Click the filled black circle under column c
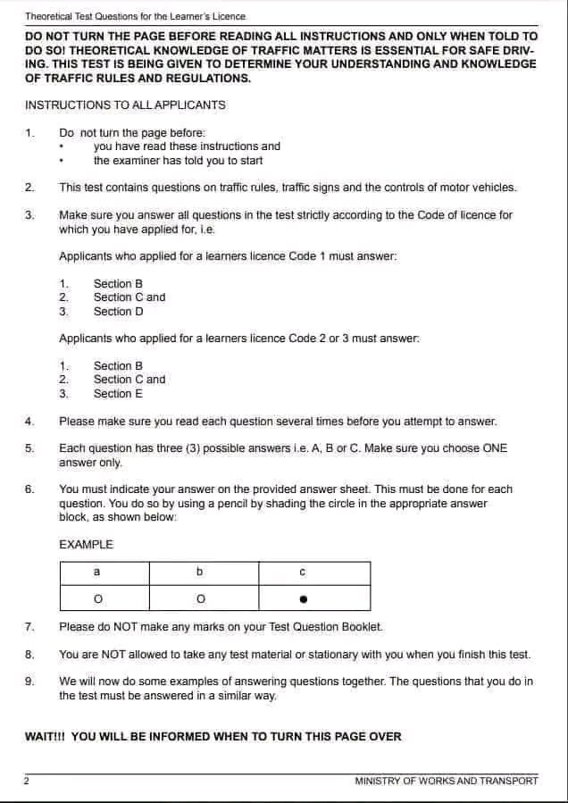pyautogui.click(x=303, y=598)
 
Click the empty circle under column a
pyautogui.click(x=96, y=598)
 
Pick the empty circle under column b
pyautogui.click(x=200, y=598)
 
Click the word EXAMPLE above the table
pyautogui.click(x=86, y=544)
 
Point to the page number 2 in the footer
pyautogui.click(x=27, y=781)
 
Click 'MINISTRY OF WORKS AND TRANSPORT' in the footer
pyautogui.click(x=446, y=781)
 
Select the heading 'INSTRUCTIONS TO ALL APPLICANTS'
pyautogui.click(x=125, y=105)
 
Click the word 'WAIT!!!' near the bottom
pyautogui.click(x=46, y=737)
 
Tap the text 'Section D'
pyautogui.click(x=118, y=312)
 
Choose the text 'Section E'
pyautogui.click(x=118, y=394)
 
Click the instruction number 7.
pyautogui.click(x=29, y=627)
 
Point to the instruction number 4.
pyautogui.click(x=29, y=422)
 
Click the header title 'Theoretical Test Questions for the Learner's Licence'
pyautogui.click(x=135, y=16)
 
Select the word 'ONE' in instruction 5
pyautogui.click(x=495, y=448)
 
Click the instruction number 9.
pyautogui.click(x=29, y=682)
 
